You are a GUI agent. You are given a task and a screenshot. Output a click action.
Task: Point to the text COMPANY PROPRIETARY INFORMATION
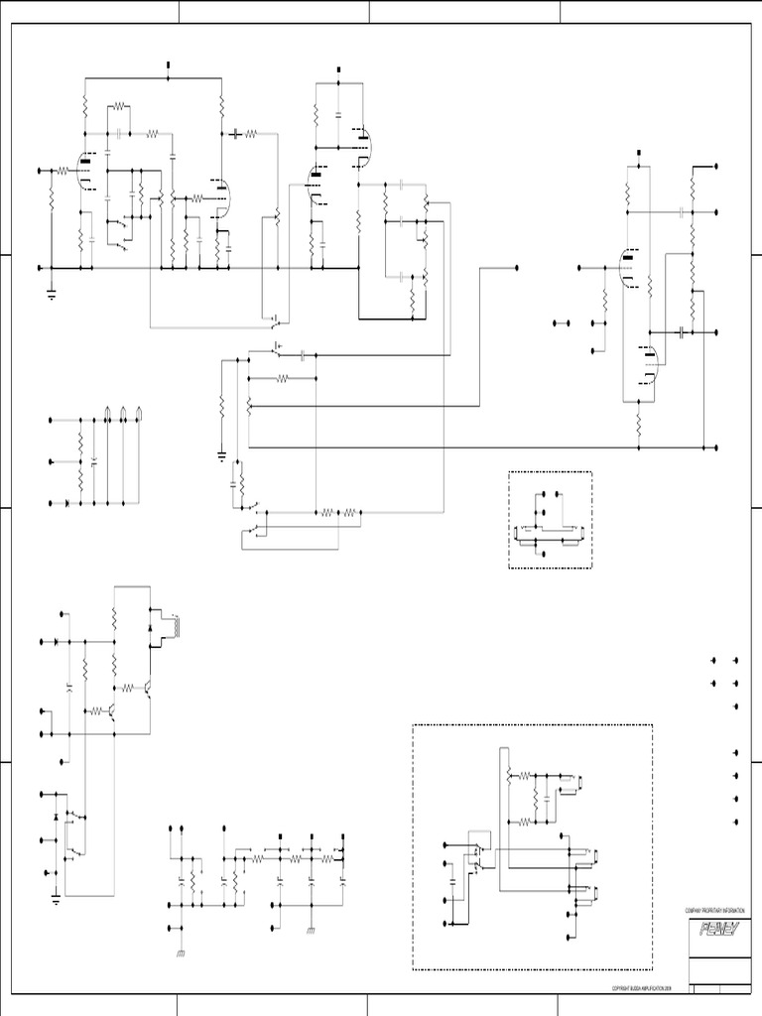712,910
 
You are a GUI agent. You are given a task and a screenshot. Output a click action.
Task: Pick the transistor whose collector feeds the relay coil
147,687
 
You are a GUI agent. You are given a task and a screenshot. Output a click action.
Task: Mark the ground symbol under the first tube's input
51,292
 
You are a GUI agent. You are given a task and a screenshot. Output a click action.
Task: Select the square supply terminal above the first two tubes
167,65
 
